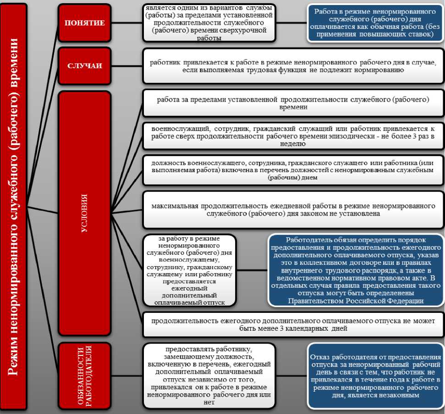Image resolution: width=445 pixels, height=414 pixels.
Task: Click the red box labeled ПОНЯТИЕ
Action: pyautogui.click(x=85, y=23)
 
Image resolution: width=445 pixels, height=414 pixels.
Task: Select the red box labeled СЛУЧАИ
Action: pyautogui.click(x=85, y=65)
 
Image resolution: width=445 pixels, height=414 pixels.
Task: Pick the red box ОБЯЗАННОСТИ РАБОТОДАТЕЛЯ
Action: pyautogui.click(x=85, y=376)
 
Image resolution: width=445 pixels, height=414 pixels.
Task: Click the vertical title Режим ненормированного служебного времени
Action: pyautogui.click(x=14, y=207)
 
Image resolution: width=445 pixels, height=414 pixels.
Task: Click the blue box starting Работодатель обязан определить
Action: pyautogui.click(x=356, y=270)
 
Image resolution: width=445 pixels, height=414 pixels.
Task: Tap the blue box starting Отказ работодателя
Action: pyautogui.click(x=375, y=375)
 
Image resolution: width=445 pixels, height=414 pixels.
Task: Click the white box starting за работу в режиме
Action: pyautogui.click(x=189, y=270)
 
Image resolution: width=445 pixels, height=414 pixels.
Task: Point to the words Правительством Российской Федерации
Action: pyautogui.click(x=356, y=301)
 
